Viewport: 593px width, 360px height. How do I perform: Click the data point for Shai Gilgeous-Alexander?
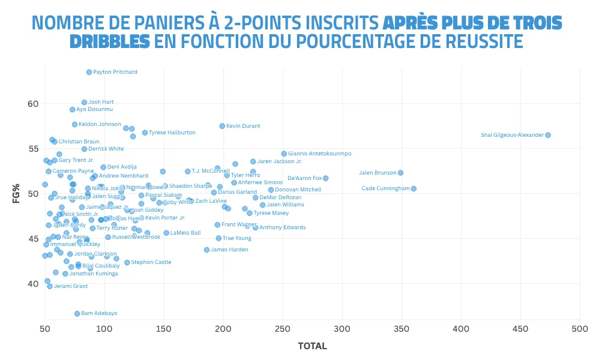click(x=547, y=135)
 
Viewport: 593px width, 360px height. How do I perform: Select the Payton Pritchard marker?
click(x=89, y=72)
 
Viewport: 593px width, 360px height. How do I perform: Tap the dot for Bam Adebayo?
click(x=77, y=313)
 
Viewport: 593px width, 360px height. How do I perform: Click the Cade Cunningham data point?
click(x=413, y=188)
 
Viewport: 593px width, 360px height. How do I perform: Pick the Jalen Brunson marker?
click(x=400, y=173)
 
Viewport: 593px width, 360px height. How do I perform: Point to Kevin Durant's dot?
click(x=222, y=126)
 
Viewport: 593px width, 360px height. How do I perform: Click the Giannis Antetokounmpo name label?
click(x=319, y=154)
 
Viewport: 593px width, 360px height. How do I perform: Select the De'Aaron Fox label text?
click(x=304, y=178)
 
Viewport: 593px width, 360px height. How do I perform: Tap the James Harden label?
click(x=229, y=250)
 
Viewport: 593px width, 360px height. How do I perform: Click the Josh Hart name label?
click(x=101, y=102)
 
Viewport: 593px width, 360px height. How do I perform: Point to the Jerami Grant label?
click(x=71, y=286)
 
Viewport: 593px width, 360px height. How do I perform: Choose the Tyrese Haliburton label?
click(x=172, y=133)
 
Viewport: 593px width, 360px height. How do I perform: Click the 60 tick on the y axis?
click(x=33, y=104)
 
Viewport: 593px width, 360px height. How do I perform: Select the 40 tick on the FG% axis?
click(x=33, y=283)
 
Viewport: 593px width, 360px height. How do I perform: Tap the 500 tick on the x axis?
click(x=579, y=329)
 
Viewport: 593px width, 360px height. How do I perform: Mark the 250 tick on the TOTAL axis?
click(x=282, y=329)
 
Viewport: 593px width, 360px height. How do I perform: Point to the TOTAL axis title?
click(x=312, y=346)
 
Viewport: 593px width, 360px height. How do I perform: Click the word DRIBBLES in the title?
click(x=109, y=41)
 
